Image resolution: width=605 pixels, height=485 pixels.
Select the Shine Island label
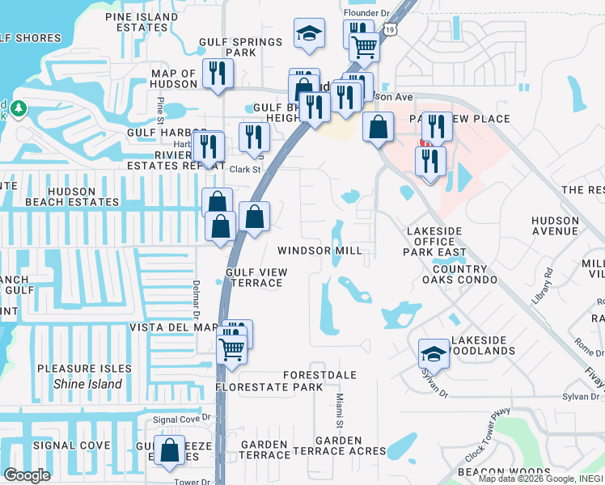click(x=87, y=384)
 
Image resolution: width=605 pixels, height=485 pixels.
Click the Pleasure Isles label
click(x=84, y=369)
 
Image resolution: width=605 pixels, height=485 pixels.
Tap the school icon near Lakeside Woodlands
click(x=434, y=353)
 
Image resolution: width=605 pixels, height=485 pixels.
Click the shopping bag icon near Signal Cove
click(x=170, y=452)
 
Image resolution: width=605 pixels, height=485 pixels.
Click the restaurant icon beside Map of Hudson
click(x=217, y=74)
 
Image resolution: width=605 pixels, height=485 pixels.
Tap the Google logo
click(x=27, y=475)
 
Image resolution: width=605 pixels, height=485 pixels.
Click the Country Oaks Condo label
click(x=471, y=274)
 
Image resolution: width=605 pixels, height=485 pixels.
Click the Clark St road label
click(x=245, y=170)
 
